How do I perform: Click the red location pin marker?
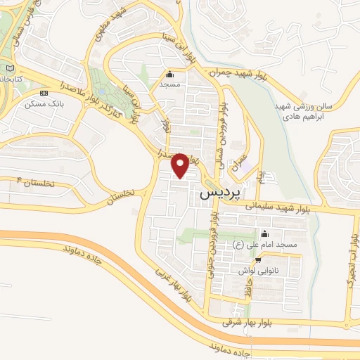click(181, 165)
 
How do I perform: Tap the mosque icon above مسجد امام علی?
click(264, 234)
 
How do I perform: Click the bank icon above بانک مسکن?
click(44, 94)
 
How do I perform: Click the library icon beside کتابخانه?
click(10, 68)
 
